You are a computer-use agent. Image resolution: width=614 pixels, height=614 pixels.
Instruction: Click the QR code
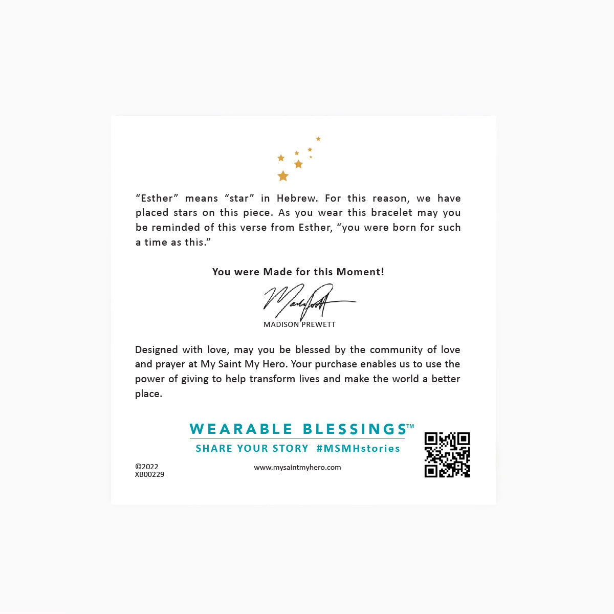(x=447, y=455)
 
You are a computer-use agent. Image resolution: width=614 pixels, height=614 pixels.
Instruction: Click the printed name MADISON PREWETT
(x=299, y=324)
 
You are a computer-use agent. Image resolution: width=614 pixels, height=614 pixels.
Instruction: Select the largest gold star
(x=283, y=176)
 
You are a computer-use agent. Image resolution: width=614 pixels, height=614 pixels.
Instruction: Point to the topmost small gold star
(x=318, y=139)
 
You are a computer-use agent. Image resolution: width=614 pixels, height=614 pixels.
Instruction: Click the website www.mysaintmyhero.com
(x=297, y=467)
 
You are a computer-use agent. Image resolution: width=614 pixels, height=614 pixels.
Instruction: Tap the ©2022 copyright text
(x=147, y=467)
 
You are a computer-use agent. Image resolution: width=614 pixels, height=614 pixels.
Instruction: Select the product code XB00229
(x=149, y=474)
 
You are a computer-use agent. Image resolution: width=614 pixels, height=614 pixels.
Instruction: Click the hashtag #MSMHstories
(x=358, y=449)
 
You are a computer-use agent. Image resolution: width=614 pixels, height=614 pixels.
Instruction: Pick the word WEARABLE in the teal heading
(x=240, y=429)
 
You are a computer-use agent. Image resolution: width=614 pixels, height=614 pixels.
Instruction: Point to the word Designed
(x=157, y=350)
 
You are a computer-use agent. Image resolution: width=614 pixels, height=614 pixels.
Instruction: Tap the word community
(x=396, y=350)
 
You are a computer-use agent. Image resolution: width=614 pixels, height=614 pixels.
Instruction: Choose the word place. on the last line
(x=148, y=394)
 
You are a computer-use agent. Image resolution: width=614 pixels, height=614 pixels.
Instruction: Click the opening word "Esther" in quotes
(x=157, y=198)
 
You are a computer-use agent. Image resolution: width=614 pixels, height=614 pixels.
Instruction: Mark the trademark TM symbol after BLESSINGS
(x=410, y=426)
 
